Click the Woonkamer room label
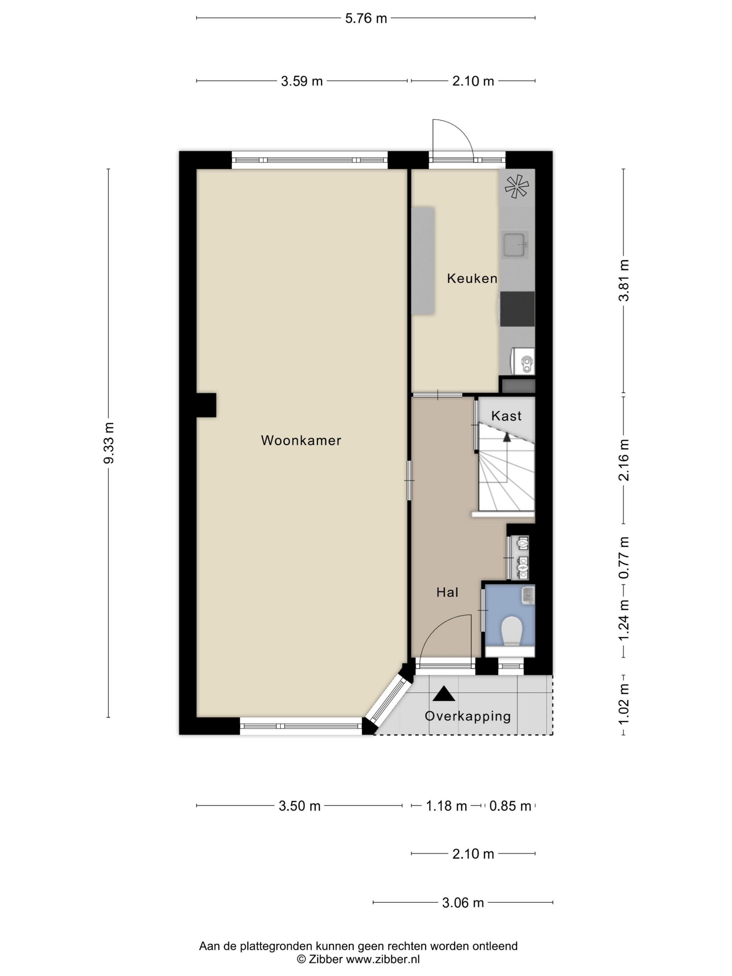pos(301,440)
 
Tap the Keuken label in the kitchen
pos(472,279)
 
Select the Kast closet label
pos(506,415)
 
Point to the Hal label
pos(448,592)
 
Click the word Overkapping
pos(468,716)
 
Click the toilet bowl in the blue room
pos(512,631)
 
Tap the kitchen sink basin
pos(514,244)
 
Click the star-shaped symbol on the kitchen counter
pos(517,186)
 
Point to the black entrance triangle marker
pos(444,694)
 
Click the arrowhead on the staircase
pos(506,437)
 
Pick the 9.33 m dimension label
pos(108,443)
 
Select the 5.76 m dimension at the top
pos(366,18)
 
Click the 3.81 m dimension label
pos(624,280)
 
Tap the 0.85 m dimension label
pos(510,806)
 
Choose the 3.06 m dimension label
pos(463,903)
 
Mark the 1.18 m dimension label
pos(446,806)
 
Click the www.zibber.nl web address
pos(382,958)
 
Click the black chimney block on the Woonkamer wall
pos(206,405)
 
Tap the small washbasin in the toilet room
pos(528,595)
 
